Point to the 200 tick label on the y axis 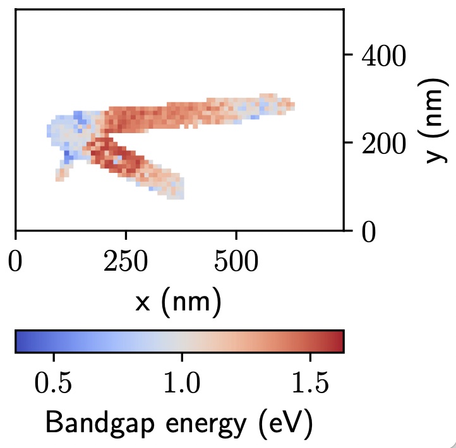(384, 143)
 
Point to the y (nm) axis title (435, 121)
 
